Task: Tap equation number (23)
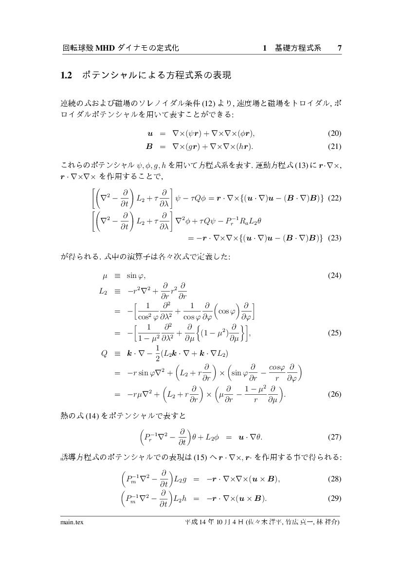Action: click(335, 239)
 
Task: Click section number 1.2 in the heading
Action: click(66, 75)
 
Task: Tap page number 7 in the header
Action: click(340, 48)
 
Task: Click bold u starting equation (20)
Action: click(150, 134)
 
